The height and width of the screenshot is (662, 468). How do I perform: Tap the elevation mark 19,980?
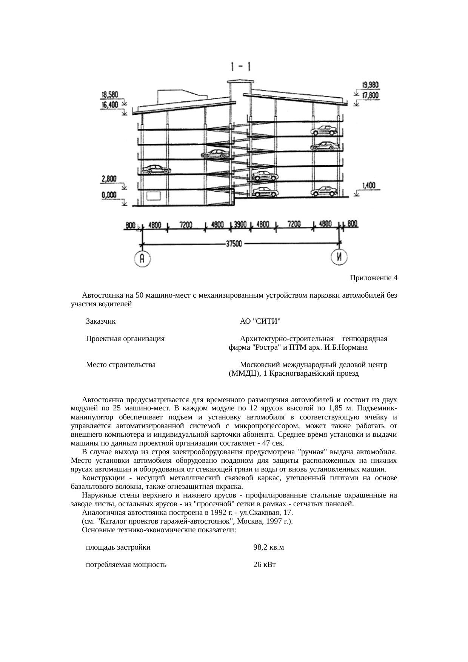click(370, 85)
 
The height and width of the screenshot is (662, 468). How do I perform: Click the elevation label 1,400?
click(369, 186)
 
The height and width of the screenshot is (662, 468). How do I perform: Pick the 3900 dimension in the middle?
click(240, 225)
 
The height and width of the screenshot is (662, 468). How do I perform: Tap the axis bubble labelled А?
click(142, 259)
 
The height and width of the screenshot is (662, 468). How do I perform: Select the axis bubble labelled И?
click(339, 258)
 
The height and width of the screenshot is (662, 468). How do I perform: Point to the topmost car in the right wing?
click(324, 131)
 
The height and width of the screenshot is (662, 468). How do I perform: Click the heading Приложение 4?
click(373, 278)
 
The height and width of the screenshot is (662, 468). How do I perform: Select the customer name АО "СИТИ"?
click(260, 322)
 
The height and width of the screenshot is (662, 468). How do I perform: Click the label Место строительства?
click(121, 365)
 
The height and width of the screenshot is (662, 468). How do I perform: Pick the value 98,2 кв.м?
click(269, 547)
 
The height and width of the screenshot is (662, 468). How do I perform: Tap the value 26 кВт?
click(265, 565)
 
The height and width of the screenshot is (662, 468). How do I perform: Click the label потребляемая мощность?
click(126, 565)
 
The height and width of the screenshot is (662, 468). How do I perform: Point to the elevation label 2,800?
click(109, 180)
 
